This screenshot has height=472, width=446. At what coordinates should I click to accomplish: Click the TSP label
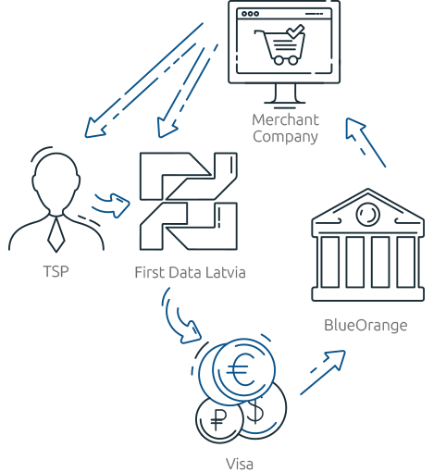[56, 271]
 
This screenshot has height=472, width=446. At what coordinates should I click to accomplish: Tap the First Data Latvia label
[190, 272]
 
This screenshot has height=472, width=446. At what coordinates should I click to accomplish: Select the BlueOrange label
[365, 326]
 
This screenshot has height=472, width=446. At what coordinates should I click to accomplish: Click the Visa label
[240, 464]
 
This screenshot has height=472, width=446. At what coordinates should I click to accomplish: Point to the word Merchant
[285, 119]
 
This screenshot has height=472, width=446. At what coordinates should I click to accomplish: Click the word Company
[285, 137]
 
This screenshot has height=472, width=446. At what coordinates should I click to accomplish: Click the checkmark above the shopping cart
[295, 31]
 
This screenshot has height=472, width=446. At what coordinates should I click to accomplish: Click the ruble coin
[219, 420]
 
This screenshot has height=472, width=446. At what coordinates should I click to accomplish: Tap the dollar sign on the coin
[255, 411]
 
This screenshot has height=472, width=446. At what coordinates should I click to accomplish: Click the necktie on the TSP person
[56, 234]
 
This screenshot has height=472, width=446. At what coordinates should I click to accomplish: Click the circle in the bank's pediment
[367, 214]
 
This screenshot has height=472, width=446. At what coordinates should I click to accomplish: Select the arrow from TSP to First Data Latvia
[112, 205]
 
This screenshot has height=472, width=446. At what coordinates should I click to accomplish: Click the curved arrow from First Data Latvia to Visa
[179, 321]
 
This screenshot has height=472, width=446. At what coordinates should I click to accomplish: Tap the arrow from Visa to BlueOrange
[323, 372]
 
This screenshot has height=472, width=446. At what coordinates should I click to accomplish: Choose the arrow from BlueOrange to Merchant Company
[365, 143]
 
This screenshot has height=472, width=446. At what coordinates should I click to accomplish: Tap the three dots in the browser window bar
[251, 14]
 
